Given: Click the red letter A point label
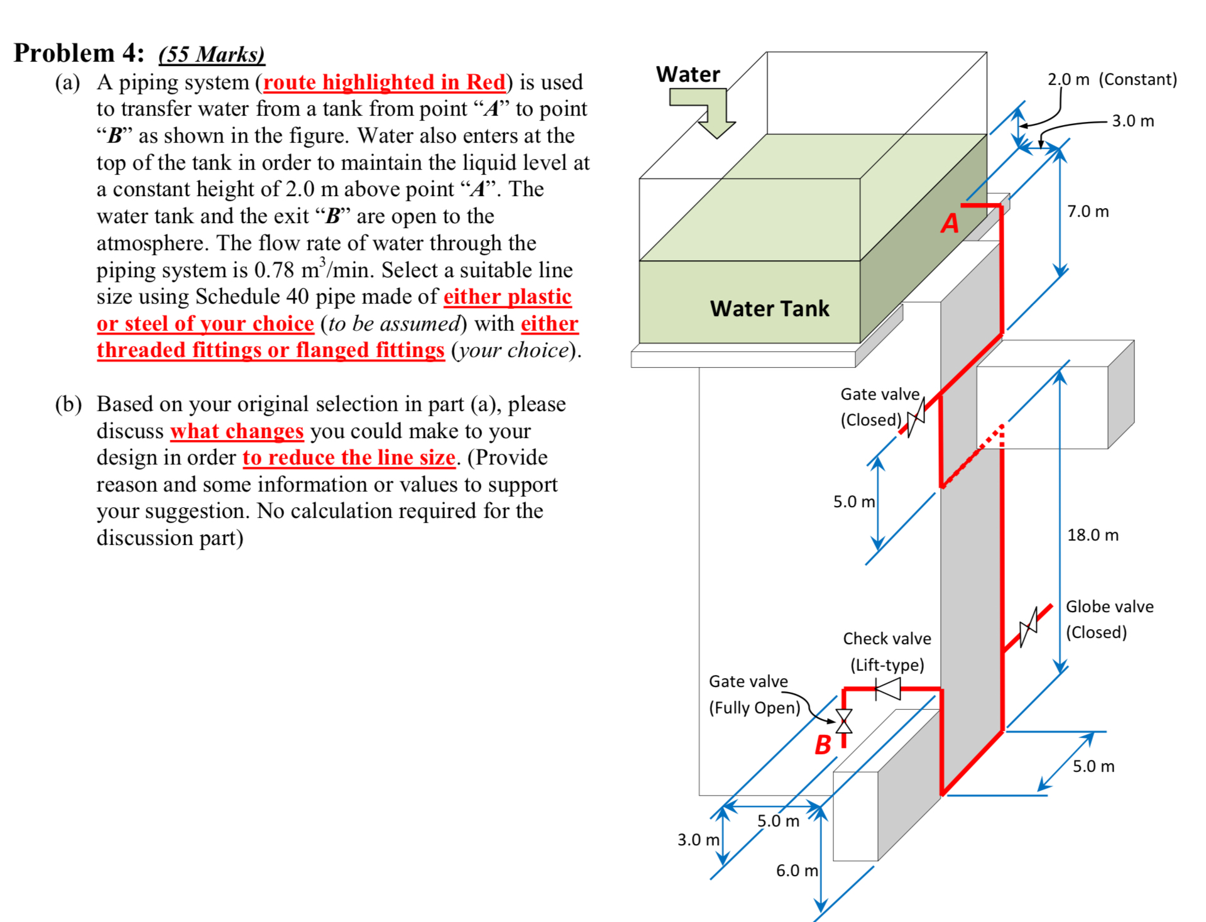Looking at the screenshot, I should tap(950, 223).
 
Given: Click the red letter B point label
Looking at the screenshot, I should tap(823, 745).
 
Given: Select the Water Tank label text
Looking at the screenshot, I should tap(769, 309).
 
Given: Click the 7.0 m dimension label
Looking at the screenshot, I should tap(1088, 211).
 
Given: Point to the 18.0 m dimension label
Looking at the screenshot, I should tap(1093, 535).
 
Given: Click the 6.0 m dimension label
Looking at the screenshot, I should tap(796, 870).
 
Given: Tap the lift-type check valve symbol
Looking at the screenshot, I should tap(888, 689).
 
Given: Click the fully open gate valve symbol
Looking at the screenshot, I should tap(844, 722).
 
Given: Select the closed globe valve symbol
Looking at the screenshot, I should tap(1028, 627).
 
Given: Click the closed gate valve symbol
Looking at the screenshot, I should tap(916, 419).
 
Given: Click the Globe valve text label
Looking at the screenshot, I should tap(1109, 606).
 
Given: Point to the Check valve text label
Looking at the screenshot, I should tap(887, 639).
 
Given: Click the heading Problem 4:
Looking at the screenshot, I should tap(79, 53).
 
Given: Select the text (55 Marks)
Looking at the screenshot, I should tap(211, 54).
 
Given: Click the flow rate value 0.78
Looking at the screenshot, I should tap(274, 270).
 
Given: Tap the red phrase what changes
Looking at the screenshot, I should tap(237, 431).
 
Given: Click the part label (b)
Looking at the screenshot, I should tap(68, 404).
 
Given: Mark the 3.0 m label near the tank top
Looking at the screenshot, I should tap(1132, 121).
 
